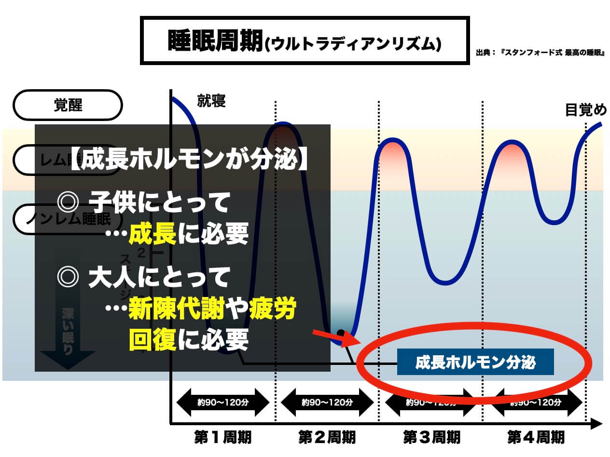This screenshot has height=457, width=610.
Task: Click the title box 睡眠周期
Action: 305,40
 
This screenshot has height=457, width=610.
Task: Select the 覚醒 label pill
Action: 68,105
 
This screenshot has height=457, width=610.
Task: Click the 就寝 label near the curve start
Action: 211,101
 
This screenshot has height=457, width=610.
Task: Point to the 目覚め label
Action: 585,110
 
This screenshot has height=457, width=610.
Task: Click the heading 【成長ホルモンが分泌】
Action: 189,161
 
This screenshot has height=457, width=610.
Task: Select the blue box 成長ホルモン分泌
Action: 475,362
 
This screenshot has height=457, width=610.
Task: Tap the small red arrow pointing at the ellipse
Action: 333,337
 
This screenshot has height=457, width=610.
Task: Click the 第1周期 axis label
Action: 222,437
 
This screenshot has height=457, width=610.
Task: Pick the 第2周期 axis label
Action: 327,437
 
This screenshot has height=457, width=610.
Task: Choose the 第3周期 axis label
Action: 431,437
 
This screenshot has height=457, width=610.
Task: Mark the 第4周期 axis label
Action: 536,437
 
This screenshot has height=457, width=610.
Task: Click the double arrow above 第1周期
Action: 222,402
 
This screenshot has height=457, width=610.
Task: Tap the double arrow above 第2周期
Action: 327,402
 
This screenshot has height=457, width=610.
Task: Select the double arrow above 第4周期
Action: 536,402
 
